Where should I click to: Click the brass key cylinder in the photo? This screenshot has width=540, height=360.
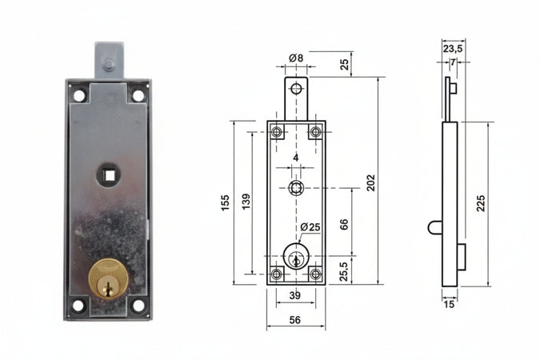[x=109, y=278]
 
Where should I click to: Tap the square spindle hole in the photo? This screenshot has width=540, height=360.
[x=110, y=176]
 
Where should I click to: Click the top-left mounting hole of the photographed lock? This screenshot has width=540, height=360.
[x=79, y=95]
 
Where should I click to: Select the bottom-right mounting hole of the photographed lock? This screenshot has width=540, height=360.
[x=138, y=306]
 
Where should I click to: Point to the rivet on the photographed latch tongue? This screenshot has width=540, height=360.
[x=109, y=65]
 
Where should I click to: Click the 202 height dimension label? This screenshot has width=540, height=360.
[x=370, y=183]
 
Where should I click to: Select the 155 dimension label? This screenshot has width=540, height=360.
[x=225, y=203]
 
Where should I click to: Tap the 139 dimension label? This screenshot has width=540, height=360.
[x=246, y=202]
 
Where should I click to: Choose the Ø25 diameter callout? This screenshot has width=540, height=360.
[x=310, y=227]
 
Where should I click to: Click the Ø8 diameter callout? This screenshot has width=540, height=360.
[x=296, y=58]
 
